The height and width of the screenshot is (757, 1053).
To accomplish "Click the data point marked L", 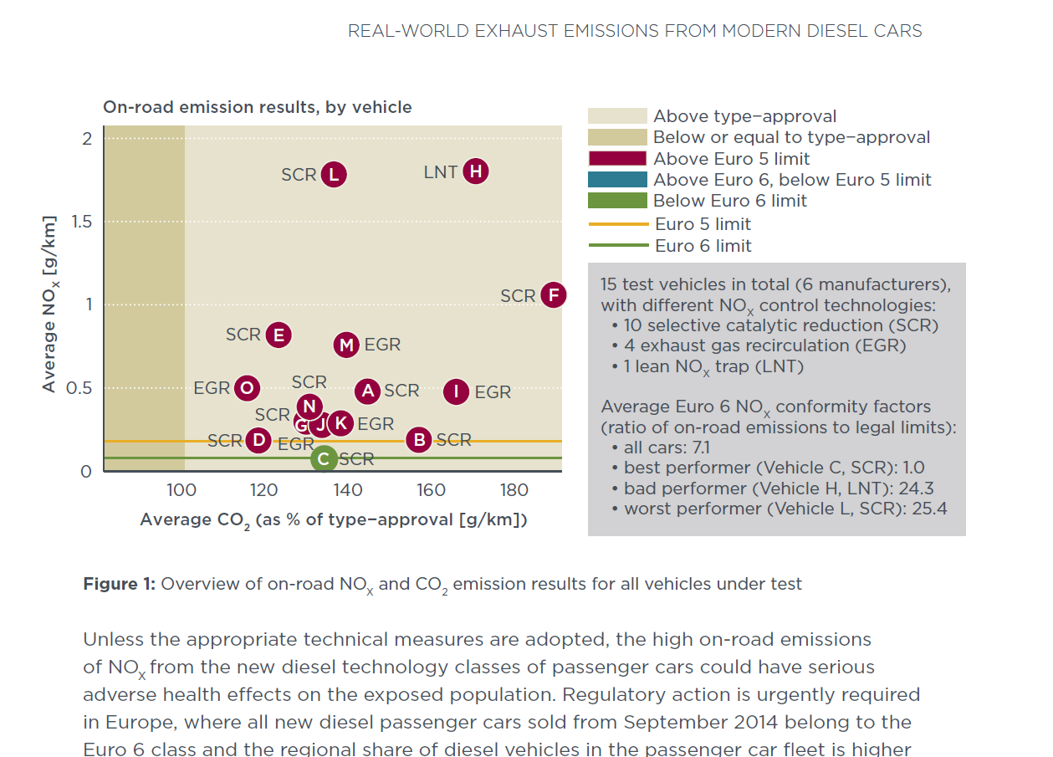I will click(x=334, y=174).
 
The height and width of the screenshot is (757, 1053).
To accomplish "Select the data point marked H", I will click(x=475, y=171).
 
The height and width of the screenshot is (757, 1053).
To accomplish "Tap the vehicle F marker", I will click(x=553, y=295).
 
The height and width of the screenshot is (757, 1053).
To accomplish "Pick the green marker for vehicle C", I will click(x=324, y=458).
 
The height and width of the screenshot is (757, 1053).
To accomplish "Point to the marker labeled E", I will click(x=279, y=335).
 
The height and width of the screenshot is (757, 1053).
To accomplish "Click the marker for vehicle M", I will click(x=346, y=345).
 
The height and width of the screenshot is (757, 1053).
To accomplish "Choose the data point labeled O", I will click(x=247, y=388).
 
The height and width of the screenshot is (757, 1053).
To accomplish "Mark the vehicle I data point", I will click(x=456, y=391).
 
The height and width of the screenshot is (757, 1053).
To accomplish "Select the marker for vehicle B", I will click(x=419, y=439).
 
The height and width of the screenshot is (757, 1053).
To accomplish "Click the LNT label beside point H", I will click(x=440, y=172).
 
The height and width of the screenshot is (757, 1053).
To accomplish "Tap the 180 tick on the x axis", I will click(x=514, y=490).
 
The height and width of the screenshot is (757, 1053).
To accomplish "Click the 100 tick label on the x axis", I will click(x=181, y=490).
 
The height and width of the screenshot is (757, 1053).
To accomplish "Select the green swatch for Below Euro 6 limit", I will click(x=617, y=201).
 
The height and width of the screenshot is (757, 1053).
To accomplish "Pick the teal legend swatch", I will click(x=617, y=180).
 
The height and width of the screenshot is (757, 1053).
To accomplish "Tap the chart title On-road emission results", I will click(x=257, y=107).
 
